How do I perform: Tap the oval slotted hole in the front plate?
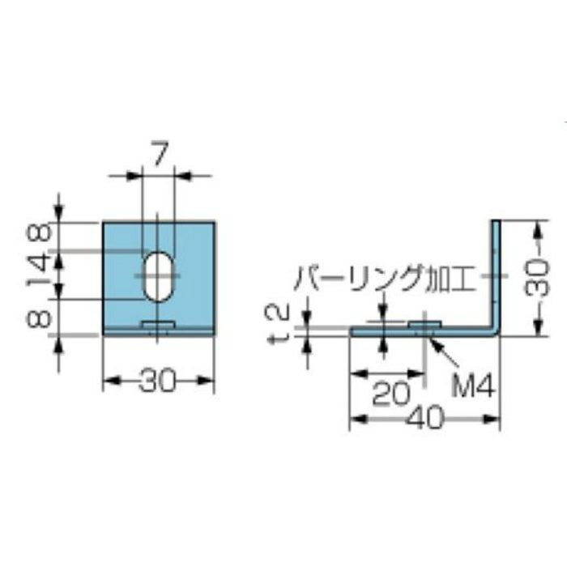[x=159, y=275]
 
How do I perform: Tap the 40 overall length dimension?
[x=422, y=420]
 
